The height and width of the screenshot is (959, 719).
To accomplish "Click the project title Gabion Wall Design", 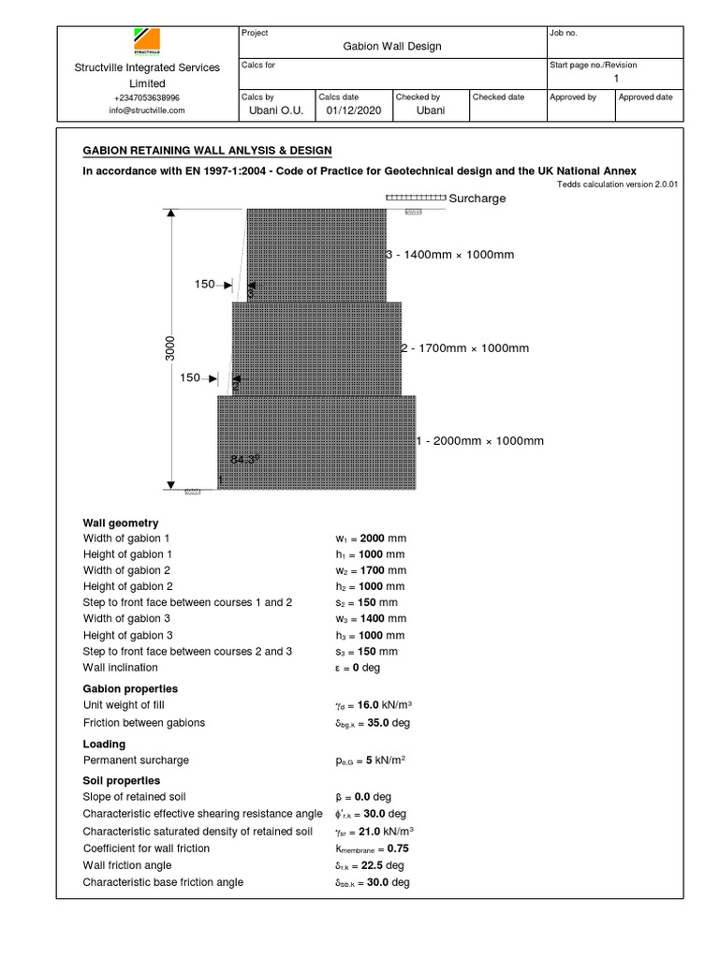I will pos(391,46).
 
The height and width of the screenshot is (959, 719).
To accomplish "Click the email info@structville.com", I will pos(147,110).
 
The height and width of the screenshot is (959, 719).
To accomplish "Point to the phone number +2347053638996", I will pos(147,97).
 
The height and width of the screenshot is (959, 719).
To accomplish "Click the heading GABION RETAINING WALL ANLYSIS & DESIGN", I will pos(207,151).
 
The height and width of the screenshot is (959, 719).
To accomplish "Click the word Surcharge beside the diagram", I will pos(477,199).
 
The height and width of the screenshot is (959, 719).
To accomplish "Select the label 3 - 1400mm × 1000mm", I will pos(450,255).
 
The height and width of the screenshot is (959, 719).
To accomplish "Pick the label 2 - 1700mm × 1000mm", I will pos(464,348).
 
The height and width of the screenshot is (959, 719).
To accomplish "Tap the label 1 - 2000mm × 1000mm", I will pos(479,441).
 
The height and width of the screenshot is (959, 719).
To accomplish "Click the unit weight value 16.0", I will pos(371,706).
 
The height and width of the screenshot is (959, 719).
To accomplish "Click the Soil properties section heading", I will pos(122,781).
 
